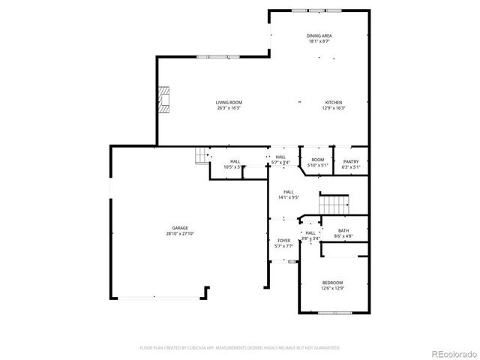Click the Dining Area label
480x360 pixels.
click(x=319, y=35)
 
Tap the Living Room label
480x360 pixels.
click(x=229, y=102)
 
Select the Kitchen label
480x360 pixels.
click(x=334, y=102)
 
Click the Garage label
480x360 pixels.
click(x=180, y=228)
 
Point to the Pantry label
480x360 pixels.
click(x=351, y=161)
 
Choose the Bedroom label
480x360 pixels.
click(x=332, y=283)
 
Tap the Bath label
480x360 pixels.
click(x=343, y=231)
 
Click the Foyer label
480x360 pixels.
click(x=283, y=240)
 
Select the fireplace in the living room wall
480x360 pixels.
click(x=163, y=100)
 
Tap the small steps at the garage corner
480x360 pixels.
click(x=202, y=155)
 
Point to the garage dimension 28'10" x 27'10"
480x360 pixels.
click(x=180, y=234)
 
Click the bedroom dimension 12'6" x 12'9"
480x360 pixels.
click(x=332, y=289)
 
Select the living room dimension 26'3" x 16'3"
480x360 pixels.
click(x=229, y=108)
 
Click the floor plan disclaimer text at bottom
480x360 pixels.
click(x=240, y=348)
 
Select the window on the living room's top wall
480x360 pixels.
click(x=214, y=56)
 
